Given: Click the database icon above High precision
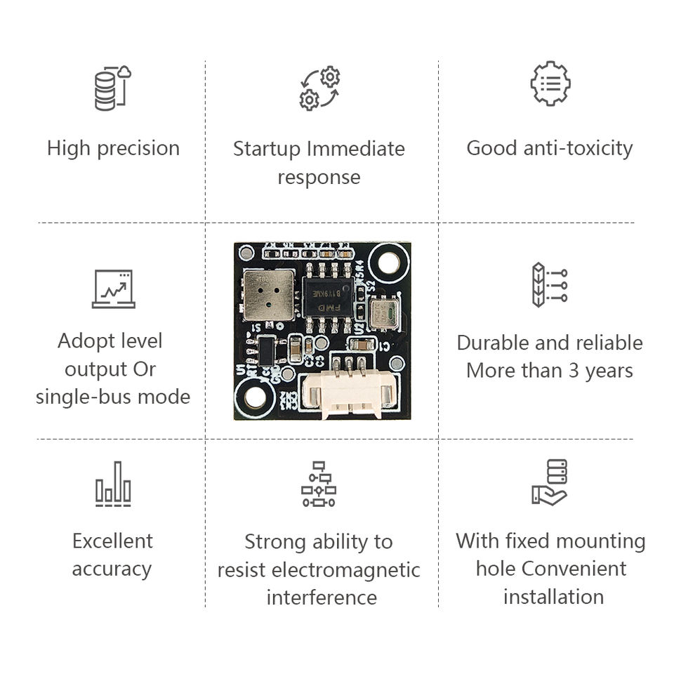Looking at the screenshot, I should click(x=113, y=88).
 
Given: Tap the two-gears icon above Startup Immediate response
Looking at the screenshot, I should click(x=319, y=88).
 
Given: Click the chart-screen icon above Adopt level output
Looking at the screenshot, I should click(x=113, y=289).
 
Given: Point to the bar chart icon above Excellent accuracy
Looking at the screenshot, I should click(x=113, y=484).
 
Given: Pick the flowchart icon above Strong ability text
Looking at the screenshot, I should click(x=319, y=484).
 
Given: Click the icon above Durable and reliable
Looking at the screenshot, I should click(x=550, y=285).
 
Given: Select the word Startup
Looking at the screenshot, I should click(x=267, y=149).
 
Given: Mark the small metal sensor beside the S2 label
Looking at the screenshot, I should click(x=383, y=312).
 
